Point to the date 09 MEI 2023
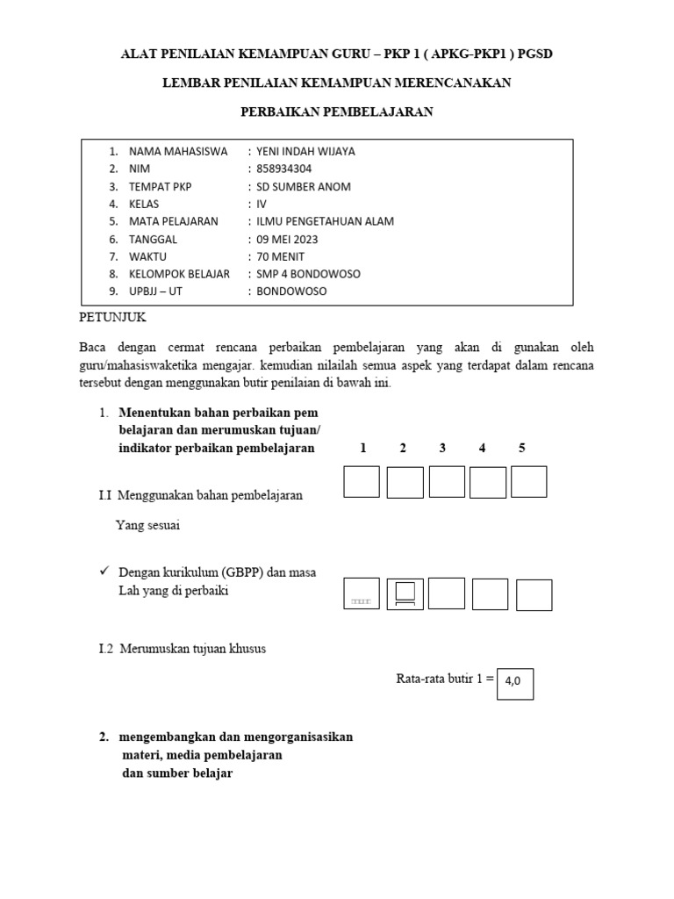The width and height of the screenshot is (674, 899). click(x=287, y=239)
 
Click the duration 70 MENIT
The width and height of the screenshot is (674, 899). click(x=281, y=256)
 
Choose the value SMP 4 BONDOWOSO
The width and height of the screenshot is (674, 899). click(x=308, y=274)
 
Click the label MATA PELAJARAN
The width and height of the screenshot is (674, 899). click(x=173, y=221)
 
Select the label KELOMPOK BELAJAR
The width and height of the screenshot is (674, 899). click(x=179, y=274)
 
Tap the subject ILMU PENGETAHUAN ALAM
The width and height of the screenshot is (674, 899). click(x=325, y=221)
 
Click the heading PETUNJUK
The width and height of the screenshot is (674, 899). click(x=113, y=316)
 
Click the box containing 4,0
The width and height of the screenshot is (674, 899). click(x=514, y=684)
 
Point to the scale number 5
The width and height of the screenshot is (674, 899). click(x=521, y=448)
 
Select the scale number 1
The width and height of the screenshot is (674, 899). click(x=362, y=448)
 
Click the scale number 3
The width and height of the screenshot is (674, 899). click(x=442, y=448)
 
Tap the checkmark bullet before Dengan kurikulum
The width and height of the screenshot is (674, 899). click(x=104, y=572)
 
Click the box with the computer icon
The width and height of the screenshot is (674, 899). click(x=405, y=594)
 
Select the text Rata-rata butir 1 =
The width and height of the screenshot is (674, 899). click(x=445, y=678)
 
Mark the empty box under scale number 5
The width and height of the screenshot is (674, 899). click(x=528, y=481)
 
